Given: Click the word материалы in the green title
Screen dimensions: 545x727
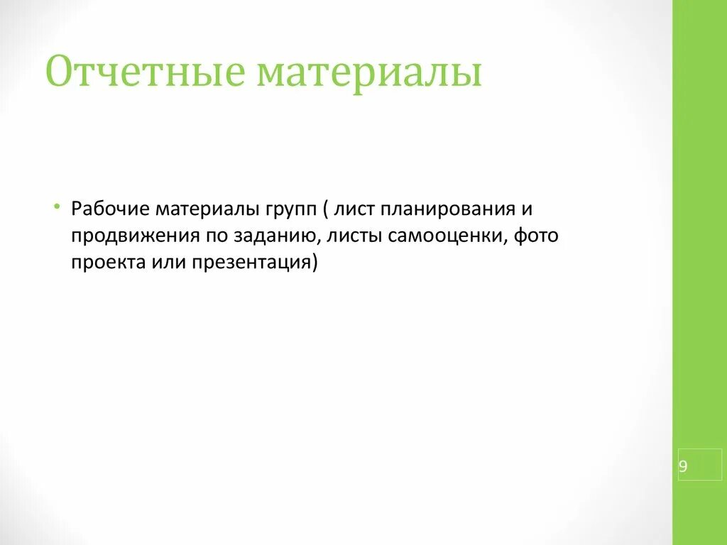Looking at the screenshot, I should pos(369,73).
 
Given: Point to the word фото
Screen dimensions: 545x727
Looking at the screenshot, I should pos(536,236).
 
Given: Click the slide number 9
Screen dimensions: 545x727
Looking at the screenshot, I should pos(683,466).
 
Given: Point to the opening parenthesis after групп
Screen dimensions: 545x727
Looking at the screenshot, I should pos(324,210).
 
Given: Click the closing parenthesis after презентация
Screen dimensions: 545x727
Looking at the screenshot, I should pos(315,263).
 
